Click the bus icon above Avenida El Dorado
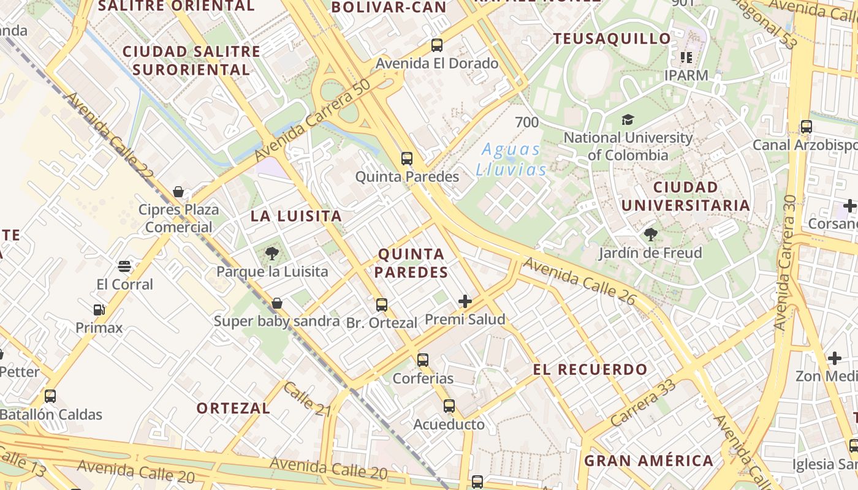click(x=436, y=45)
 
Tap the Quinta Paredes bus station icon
click(x=406, y=159)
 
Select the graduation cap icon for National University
click(x=628, y=119)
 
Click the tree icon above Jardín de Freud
click(x=650, y=234)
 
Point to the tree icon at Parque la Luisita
click(x=271, y=253)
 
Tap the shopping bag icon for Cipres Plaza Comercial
click(x=178, y=192)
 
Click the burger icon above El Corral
click(x=124, y=266)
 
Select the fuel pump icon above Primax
click(x=99, y=310)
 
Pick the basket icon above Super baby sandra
click(x=276, y=303)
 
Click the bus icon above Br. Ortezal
click(x=381, y=304)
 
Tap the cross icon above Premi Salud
click(x=465, y=301)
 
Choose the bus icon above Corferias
click(x=422, y=360)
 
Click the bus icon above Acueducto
click(x=449, y=406)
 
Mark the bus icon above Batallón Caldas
click(x=50, y=396)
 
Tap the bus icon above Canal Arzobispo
click(x=806, y=127)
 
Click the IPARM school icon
click(x=686, y=58)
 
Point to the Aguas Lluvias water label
click(x=511, y=159)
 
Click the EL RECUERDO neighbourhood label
click(x=590, y=369)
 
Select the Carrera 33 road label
click(x=643, y=402)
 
